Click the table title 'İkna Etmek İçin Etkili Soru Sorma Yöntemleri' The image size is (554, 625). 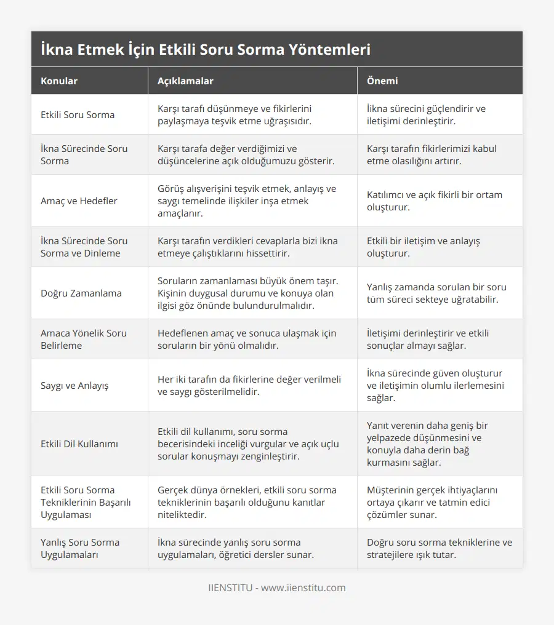click(x=205, y=49)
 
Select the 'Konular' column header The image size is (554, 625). click(x=59, y=81)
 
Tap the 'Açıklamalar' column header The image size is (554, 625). click(x=185, y=81)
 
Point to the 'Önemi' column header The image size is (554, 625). click(x=382, y=81)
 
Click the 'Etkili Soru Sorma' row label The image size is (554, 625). click(x=78, y=114)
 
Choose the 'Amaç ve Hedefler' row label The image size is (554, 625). click(x=79, y=201)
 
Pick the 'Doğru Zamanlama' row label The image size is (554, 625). click(x=81, y=293)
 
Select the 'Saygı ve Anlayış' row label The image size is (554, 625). click(x=74, y=385)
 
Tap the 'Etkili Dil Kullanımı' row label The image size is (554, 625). click(x=79, y=444)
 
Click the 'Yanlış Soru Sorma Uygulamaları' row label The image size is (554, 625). click(x=80, y=548)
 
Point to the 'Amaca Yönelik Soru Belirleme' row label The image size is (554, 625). click(x=84, y=339)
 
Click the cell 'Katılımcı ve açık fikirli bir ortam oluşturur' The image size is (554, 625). click(x=435, y=201)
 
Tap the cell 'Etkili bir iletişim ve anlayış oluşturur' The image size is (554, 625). click(x=424, y=247)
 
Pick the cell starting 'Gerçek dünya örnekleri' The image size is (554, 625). click(x=247, y=502)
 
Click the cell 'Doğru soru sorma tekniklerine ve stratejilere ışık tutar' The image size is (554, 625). click(x=440, y=548)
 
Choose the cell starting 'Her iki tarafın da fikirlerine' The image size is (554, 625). click(x=249, y=385)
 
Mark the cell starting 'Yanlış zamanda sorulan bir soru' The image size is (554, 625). click(x=436, y=293)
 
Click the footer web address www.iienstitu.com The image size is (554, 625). click(x=303, y=587)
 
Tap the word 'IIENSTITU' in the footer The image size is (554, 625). click(x=230, y=587)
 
